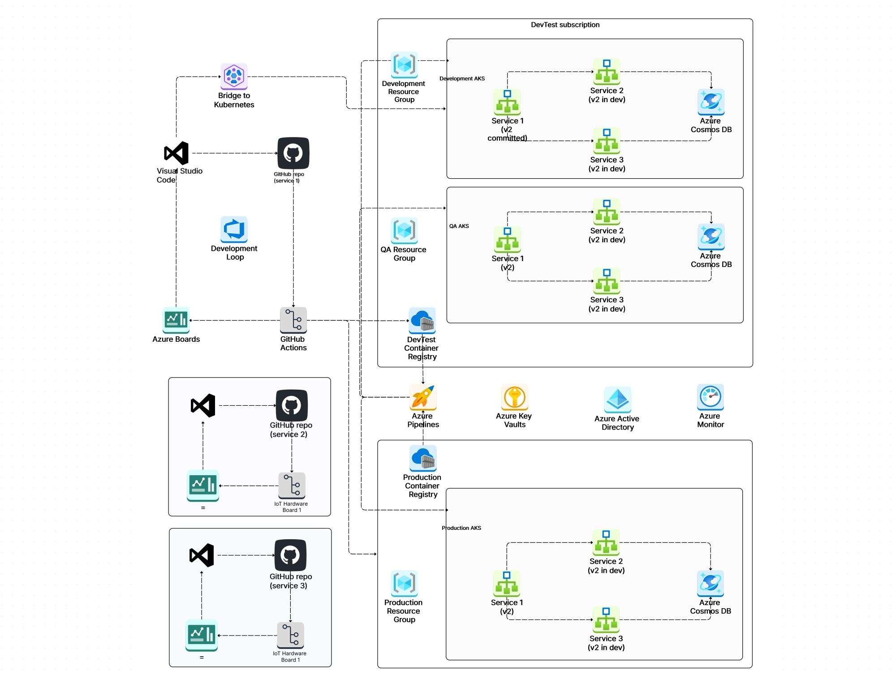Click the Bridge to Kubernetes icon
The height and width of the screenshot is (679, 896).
(234, 76)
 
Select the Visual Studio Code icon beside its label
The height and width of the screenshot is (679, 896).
(176, 153)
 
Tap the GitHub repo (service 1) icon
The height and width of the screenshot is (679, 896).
(293, 153)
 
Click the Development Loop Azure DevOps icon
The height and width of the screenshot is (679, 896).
(234, 229)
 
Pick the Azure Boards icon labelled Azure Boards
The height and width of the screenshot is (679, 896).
(176, 320)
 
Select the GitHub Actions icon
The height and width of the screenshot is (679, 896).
(293, 320)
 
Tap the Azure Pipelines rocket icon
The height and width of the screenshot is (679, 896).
(422, 397)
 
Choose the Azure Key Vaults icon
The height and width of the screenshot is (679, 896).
(514, 397)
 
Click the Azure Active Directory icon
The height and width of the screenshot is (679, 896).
(617, 400)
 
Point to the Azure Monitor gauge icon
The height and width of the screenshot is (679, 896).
(710, 397)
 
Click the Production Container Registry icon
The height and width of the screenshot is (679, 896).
(422, 458)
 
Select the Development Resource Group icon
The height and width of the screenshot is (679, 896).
(404, 65)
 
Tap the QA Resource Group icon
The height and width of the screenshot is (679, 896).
(404, 231)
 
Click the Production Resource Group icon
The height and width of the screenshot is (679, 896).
(404, 583)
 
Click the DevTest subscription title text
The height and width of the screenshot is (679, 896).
(565, 25)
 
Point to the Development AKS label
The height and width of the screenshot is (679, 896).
(462, 78)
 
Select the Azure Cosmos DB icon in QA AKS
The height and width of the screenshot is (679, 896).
(711, 236)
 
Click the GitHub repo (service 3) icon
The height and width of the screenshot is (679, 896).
(290, 555)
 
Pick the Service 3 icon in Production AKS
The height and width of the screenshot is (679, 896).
(606, 619)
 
